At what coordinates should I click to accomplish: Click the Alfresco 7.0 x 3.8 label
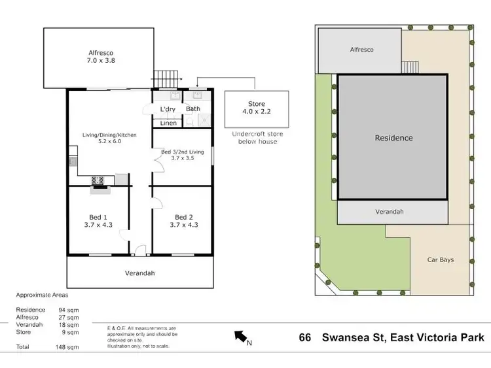pos(101,58)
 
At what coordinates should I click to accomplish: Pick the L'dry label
pos(167,109)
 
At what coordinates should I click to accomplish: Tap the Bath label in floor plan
pos(193,109)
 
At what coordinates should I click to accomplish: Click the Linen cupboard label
pos(168,123)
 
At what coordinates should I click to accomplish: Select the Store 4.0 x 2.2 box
pos(256,109)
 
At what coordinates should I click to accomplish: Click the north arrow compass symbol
pos(240,337)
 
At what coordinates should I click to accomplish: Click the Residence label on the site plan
pos(393,138)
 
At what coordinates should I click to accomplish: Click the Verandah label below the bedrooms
pos(140,273)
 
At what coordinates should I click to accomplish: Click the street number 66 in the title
pos(304,337)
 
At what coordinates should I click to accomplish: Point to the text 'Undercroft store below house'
pos(256,138)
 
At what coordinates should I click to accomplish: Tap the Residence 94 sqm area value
pos(67,310)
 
